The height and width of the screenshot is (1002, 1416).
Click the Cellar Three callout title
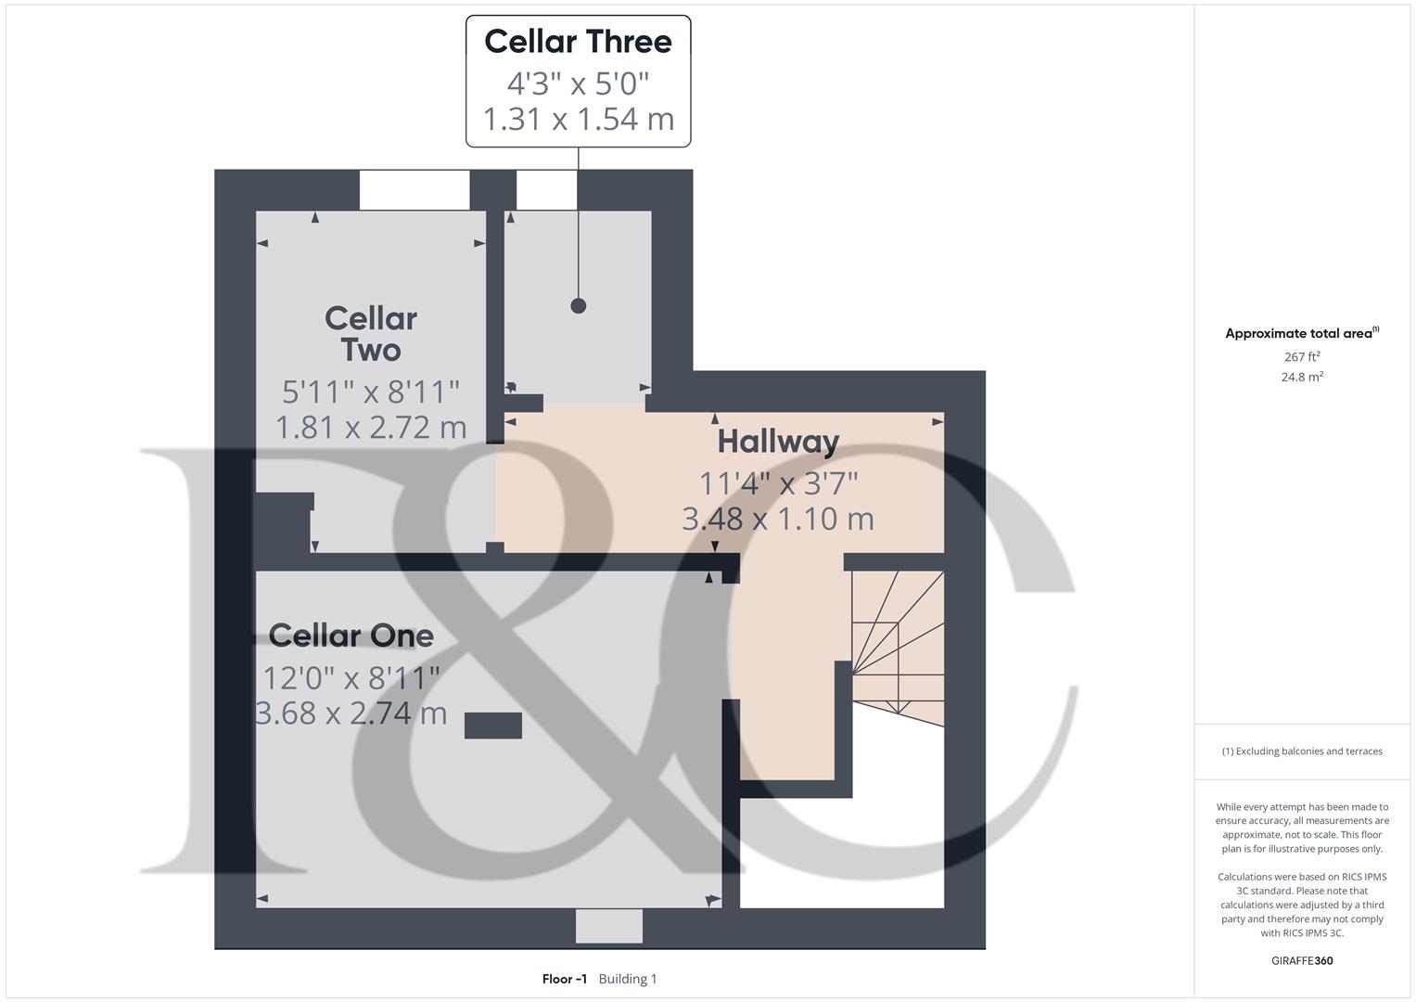pyautogui.click(x=578, y=42)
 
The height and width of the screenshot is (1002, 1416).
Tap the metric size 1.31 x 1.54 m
pyautogui.click(x=578, y=119)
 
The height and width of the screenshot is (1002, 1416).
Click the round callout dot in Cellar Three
pyautogui.click(x=579, y=306)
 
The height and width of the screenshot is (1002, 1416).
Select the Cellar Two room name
pyautogui.click(x=371, y=334)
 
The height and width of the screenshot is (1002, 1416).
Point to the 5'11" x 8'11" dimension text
pyautogui.click(x=371, y=392)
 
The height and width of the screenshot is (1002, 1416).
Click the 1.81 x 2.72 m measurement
pyautogui.click(x=371, y=427)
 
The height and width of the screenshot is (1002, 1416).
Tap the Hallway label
pyautogui.click(x=778, y=442)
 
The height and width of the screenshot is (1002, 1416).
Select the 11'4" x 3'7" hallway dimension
pyautogui.click(x=778, y=483)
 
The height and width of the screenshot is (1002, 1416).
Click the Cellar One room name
pyautogui.click(x=351, y=636)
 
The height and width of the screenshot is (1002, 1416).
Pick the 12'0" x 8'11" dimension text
pyautogui.click(x=351, y=678)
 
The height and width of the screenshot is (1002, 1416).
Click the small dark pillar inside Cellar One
pyautogui.click(x=493, y=726)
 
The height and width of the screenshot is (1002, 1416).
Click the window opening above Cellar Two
pyautogui.click(x=415, y=190)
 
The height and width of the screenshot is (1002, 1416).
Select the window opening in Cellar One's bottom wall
pyautogui.click(x=609, y=926)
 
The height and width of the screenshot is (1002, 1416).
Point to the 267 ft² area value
pyautogui.click(x=1302, y=356)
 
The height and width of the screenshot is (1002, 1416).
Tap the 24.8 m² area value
pyautogui.click(x=1302, y=377)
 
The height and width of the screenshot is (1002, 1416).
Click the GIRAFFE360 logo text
pyautogui.click(x=1302, y=960)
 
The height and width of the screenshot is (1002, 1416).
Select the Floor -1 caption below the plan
pyautogui.click(x=565, y=979)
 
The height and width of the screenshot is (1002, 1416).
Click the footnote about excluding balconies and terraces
pyautogui.click(x=1302, y=751)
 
